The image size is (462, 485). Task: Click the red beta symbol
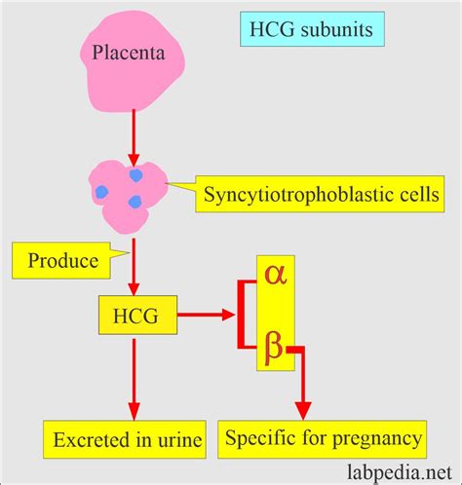pyautogui.click(x=274, y=344)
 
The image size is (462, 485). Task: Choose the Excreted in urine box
pyautogui.click(x=123, y=440)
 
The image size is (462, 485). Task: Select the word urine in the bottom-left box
pyautogui.click(x=176, y=441)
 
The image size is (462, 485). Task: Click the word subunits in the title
pyautogui.click(x=337, y=31)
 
